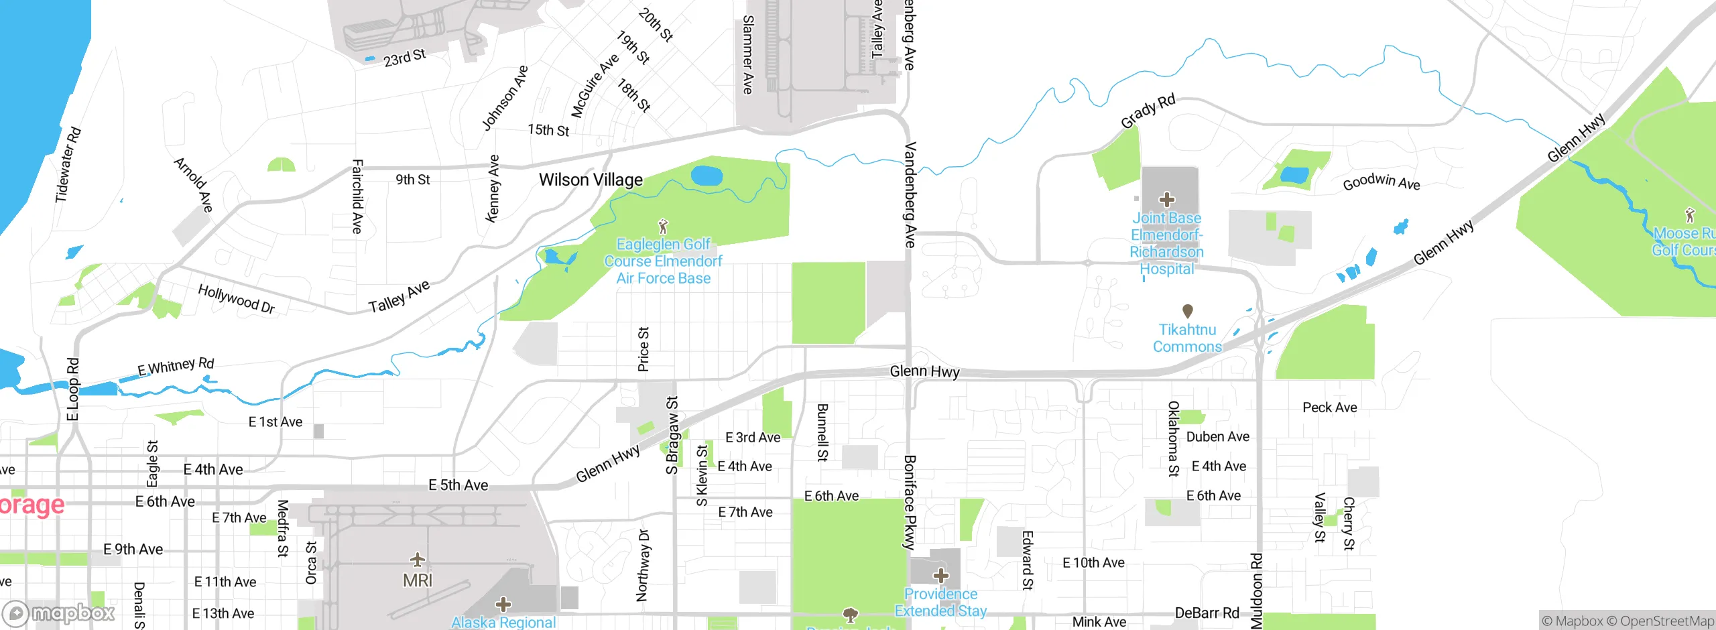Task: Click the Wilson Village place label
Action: pos(591,180)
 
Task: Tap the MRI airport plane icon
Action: pos(418,559)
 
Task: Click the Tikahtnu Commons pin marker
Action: pos(1187,311)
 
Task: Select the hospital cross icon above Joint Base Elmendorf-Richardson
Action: pos(1167,200)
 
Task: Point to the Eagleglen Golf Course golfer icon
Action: pos(663,226)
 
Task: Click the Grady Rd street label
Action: pos(1148,111)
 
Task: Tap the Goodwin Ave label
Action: pos(1381,182)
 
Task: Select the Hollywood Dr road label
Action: pos(237,299)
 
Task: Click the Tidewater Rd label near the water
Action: pos(68,165)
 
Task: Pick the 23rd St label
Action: pos(404,58)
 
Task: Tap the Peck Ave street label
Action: pos(1329,407)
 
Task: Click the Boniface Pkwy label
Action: pos(909,503)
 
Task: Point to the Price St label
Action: pos(643,349)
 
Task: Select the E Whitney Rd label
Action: pos(176,367)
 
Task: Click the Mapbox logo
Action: pos(59,613)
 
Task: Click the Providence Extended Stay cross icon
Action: pos(941,575)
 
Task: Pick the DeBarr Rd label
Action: pos(1207,613)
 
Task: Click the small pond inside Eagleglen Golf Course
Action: pos(707,176)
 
